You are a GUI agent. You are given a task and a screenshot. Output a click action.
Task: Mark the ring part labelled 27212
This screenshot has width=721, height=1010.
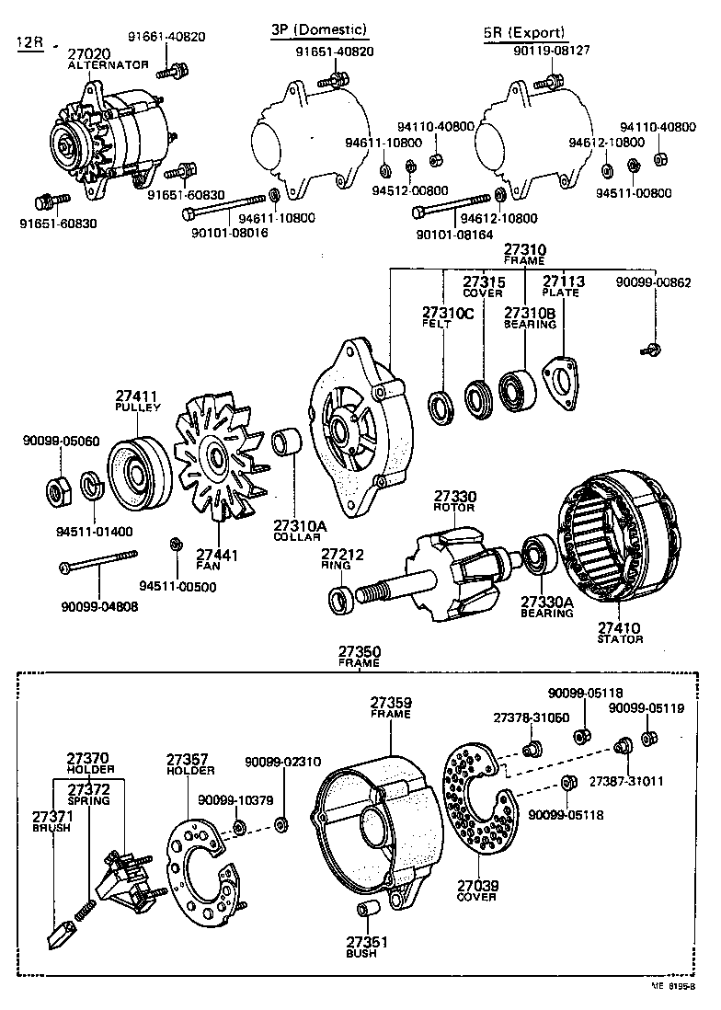pos(341,601)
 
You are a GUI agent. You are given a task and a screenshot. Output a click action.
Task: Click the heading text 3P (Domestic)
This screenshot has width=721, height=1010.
pos(318,30)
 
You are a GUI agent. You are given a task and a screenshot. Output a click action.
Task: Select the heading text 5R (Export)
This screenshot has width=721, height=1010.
pos(524,33)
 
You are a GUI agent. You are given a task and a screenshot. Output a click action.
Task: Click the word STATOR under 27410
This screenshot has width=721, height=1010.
pos(620,638)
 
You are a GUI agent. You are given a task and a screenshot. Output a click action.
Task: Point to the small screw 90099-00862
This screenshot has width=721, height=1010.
pos(651,347)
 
